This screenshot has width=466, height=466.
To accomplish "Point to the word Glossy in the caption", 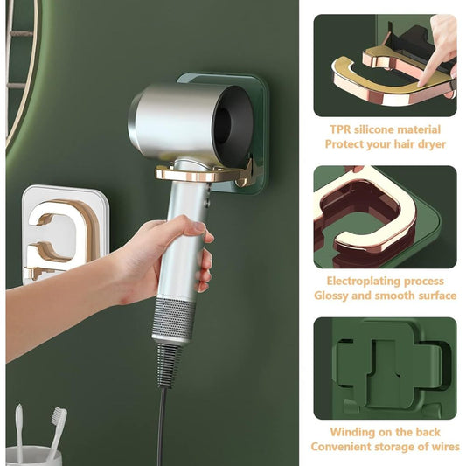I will tap(334, 296).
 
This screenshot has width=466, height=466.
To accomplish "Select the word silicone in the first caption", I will tap(380, 129).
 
